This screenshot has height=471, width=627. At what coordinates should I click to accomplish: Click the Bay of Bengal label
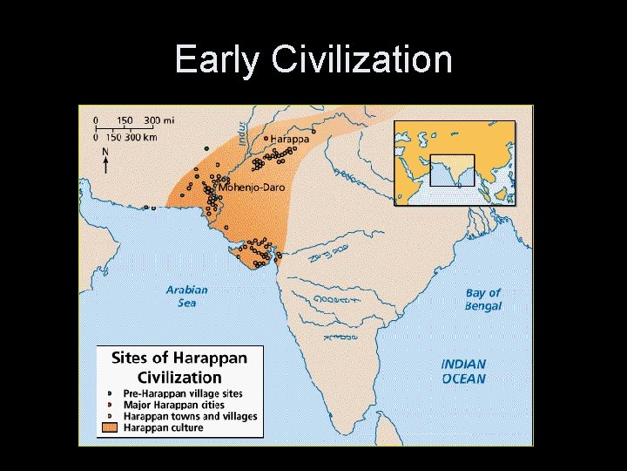[x=483, y=299]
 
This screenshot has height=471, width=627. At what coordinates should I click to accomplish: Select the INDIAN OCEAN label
[x=463, y=372]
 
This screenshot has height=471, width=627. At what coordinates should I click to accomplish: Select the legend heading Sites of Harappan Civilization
[x=179, y=367]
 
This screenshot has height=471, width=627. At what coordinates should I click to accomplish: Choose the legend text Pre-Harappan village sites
[x=182, y=394]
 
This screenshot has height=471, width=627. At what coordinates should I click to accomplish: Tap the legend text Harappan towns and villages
[x=190, y=417]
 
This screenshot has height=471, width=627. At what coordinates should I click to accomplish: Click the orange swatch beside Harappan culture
[x=108, y=428]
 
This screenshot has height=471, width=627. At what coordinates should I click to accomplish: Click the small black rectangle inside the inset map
[x=452, y=170]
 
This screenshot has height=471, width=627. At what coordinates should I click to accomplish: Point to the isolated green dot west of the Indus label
[x=206, y=148]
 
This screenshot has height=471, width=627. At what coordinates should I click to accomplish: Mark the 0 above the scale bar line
[x=96, y=119]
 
